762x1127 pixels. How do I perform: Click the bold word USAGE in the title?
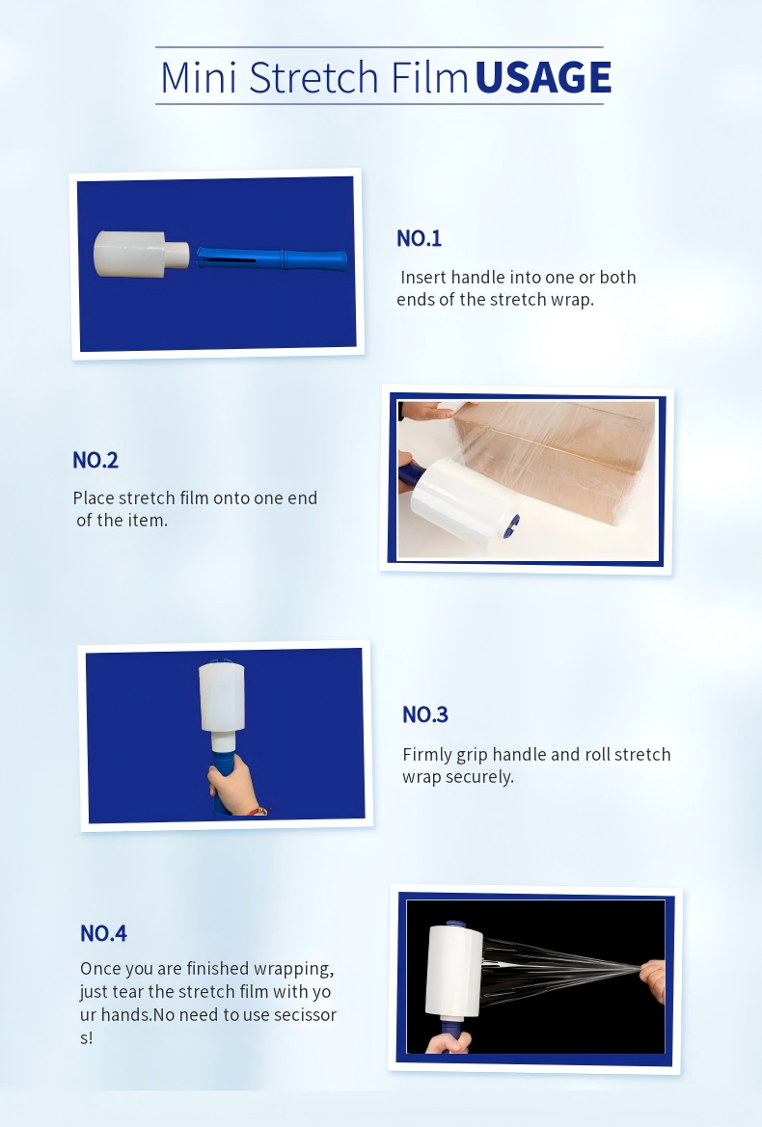coord(543,77)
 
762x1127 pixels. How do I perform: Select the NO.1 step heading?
coord(419,239)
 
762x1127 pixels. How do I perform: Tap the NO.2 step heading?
coord(95,460)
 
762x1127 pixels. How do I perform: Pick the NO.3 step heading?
coord(425,714)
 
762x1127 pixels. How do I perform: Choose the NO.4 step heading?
coord(103,933)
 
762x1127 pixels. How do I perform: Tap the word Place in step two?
coord(94,498)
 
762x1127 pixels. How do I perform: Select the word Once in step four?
coord(100,969)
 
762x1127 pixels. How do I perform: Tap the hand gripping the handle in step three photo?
coord(231,781)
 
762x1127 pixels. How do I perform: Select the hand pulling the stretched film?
coord(654,979)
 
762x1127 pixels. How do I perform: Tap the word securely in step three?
coord(479,777)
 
